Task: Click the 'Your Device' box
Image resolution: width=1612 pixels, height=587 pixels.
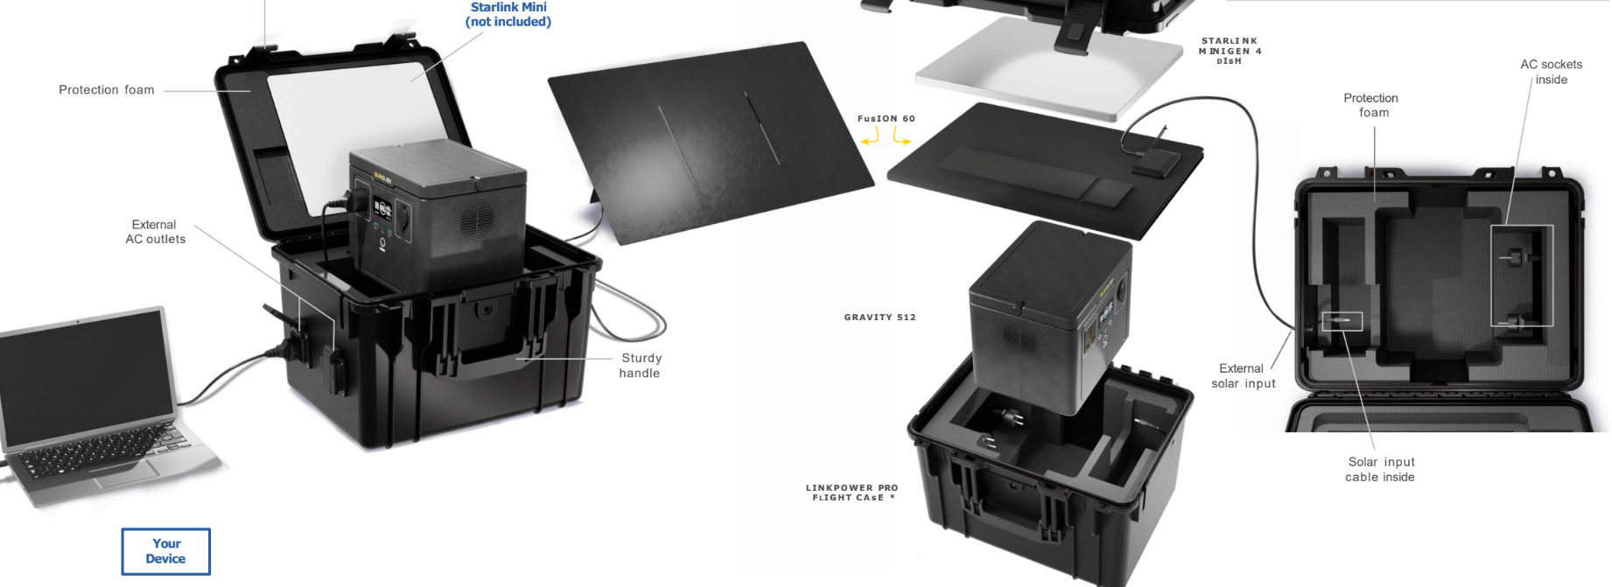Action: coord(165,551)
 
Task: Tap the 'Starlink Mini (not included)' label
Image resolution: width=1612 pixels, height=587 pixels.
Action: coord(508,14)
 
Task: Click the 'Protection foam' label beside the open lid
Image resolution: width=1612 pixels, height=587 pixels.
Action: coord(107,90)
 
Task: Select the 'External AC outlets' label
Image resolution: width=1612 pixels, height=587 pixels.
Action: coord(155,232)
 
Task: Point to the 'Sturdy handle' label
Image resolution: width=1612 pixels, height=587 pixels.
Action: coord(641,366)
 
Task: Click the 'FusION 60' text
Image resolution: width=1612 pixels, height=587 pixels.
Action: coord(886,119)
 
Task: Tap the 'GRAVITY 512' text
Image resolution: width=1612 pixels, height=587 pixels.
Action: coord(880,318)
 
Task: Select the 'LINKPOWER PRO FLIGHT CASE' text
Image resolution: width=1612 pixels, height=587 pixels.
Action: coord(852,493)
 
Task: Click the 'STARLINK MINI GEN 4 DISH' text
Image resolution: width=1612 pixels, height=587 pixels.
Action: coord(1230,51)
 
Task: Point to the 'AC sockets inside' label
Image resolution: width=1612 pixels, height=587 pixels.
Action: coord(1551,72)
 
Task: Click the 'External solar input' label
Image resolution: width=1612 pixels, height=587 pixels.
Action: coord(1243,376)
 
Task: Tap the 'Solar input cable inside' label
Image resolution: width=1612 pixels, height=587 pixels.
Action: coord(1380,470)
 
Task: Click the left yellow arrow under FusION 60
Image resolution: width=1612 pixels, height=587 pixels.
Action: coord(870,137)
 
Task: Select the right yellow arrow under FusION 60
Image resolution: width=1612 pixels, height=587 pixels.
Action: coord(901,136)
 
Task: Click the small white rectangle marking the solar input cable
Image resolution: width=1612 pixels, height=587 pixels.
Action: coord(1342,322)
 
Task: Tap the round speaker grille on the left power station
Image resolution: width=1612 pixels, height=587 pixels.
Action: coord(478,218)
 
